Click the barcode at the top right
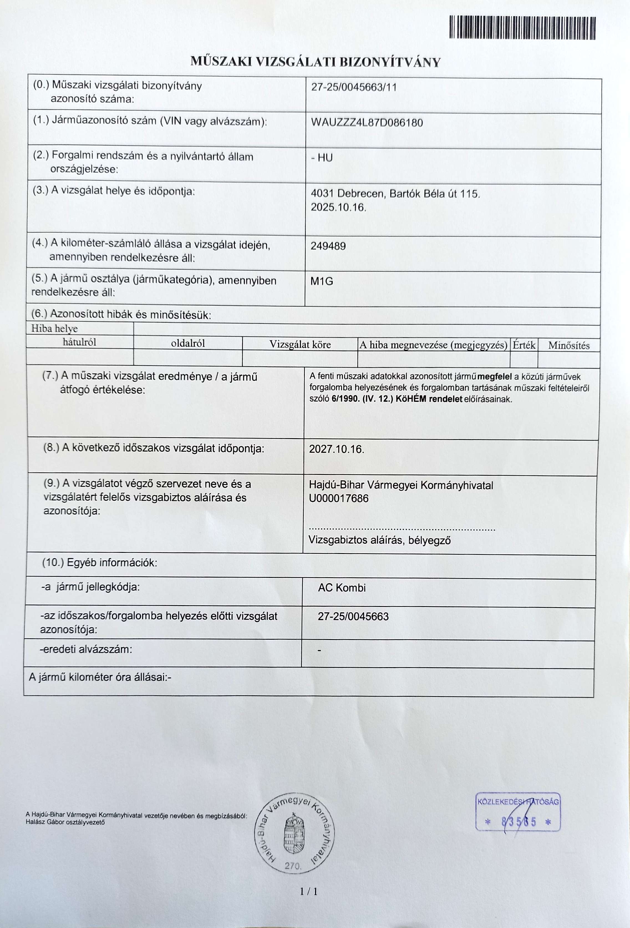[x=522, y=28]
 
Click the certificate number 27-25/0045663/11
[x=354, y=87]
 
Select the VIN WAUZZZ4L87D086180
[x=366, y=123]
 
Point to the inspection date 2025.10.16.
[x=338, y=208]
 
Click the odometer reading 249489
[x=328, y=246]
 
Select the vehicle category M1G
[x=322, y=281]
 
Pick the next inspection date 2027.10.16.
[x=336, y=449]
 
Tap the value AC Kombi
[x=342, y=588]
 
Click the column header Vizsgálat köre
[x=300, y=345]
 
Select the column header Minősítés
[x=568, y=346]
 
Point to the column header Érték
[x=524, y=345]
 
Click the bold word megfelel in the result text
[x=494, y=377]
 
